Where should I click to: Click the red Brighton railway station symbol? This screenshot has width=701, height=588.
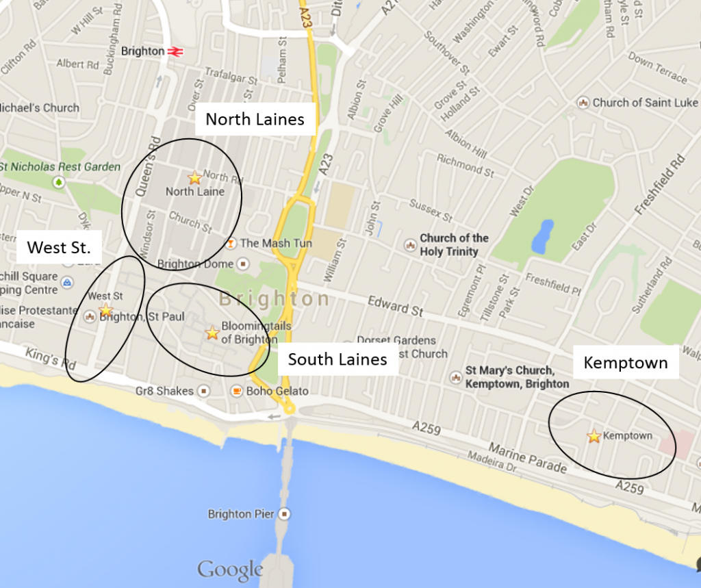(x=175, y=51)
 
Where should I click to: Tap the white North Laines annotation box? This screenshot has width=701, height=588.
(x=255, y=119)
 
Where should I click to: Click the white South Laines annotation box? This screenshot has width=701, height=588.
(x=337, y=359)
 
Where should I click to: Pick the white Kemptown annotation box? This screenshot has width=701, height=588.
(x=625, y=363)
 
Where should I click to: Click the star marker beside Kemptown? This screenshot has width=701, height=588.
(x=594, y=436)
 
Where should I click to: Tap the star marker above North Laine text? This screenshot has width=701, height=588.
(x=194, y=178)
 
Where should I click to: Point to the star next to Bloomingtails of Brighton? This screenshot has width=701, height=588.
(x=212, y=333)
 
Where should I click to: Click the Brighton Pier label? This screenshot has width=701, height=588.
(x=241, y=514)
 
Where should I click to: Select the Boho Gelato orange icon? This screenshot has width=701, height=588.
(x=236, y=391)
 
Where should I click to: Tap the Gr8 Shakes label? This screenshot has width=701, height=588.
(x=165, y=391)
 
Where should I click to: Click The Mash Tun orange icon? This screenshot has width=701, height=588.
(x=231, y=243)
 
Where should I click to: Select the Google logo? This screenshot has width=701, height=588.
(x=230, y=570)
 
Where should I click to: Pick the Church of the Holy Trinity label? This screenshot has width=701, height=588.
(x=454, y=244)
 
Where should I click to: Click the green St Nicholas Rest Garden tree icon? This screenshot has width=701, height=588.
(x=60, y=182)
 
